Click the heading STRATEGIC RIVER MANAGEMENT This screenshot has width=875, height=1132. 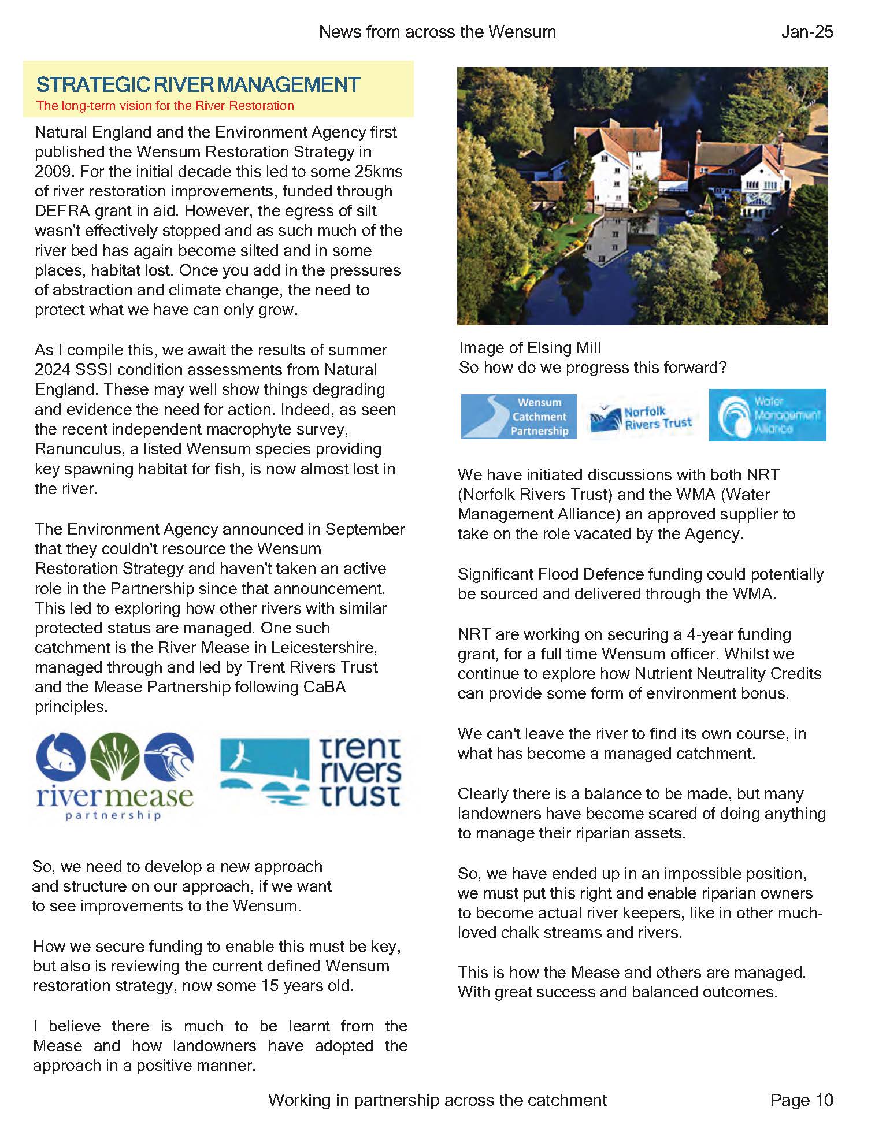[x=198, y=85]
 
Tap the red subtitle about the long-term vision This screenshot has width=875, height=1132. [x=165, y=106]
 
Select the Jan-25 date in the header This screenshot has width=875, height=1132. [x=807, y=32]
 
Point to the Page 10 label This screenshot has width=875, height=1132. [x=802, y=1100]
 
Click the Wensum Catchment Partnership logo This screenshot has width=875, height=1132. [x=518, y=417]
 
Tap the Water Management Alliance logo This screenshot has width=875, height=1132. [x=768, y=415]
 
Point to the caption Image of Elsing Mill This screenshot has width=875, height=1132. [x=529, y=348]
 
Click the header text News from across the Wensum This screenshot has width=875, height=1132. [x=437, y=32]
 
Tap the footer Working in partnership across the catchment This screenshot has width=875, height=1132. [x=437, y=1100]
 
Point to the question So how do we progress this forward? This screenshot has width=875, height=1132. [x=592, y=368]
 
